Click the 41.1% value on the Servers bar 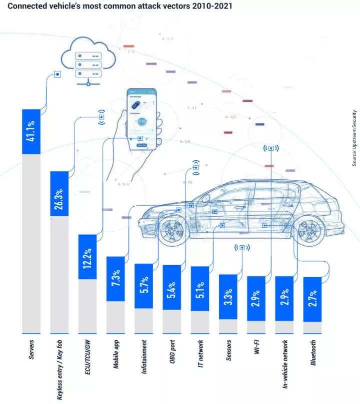pos(31,131)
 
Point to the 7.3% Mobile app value pos(115,279)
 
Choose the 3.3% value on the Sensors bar pos(227,297)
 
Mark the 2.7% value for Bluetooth pos(312,299)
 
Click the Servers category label pos(31,350)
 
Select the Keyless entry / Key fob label pos(59,369)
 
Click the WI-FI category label pos(256,350)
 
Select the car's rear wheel pos(306,230)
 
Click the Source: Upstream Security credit pos(354,138)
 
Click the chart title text pos(120,7)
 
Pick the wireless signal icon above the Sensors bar pos(242,247)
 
